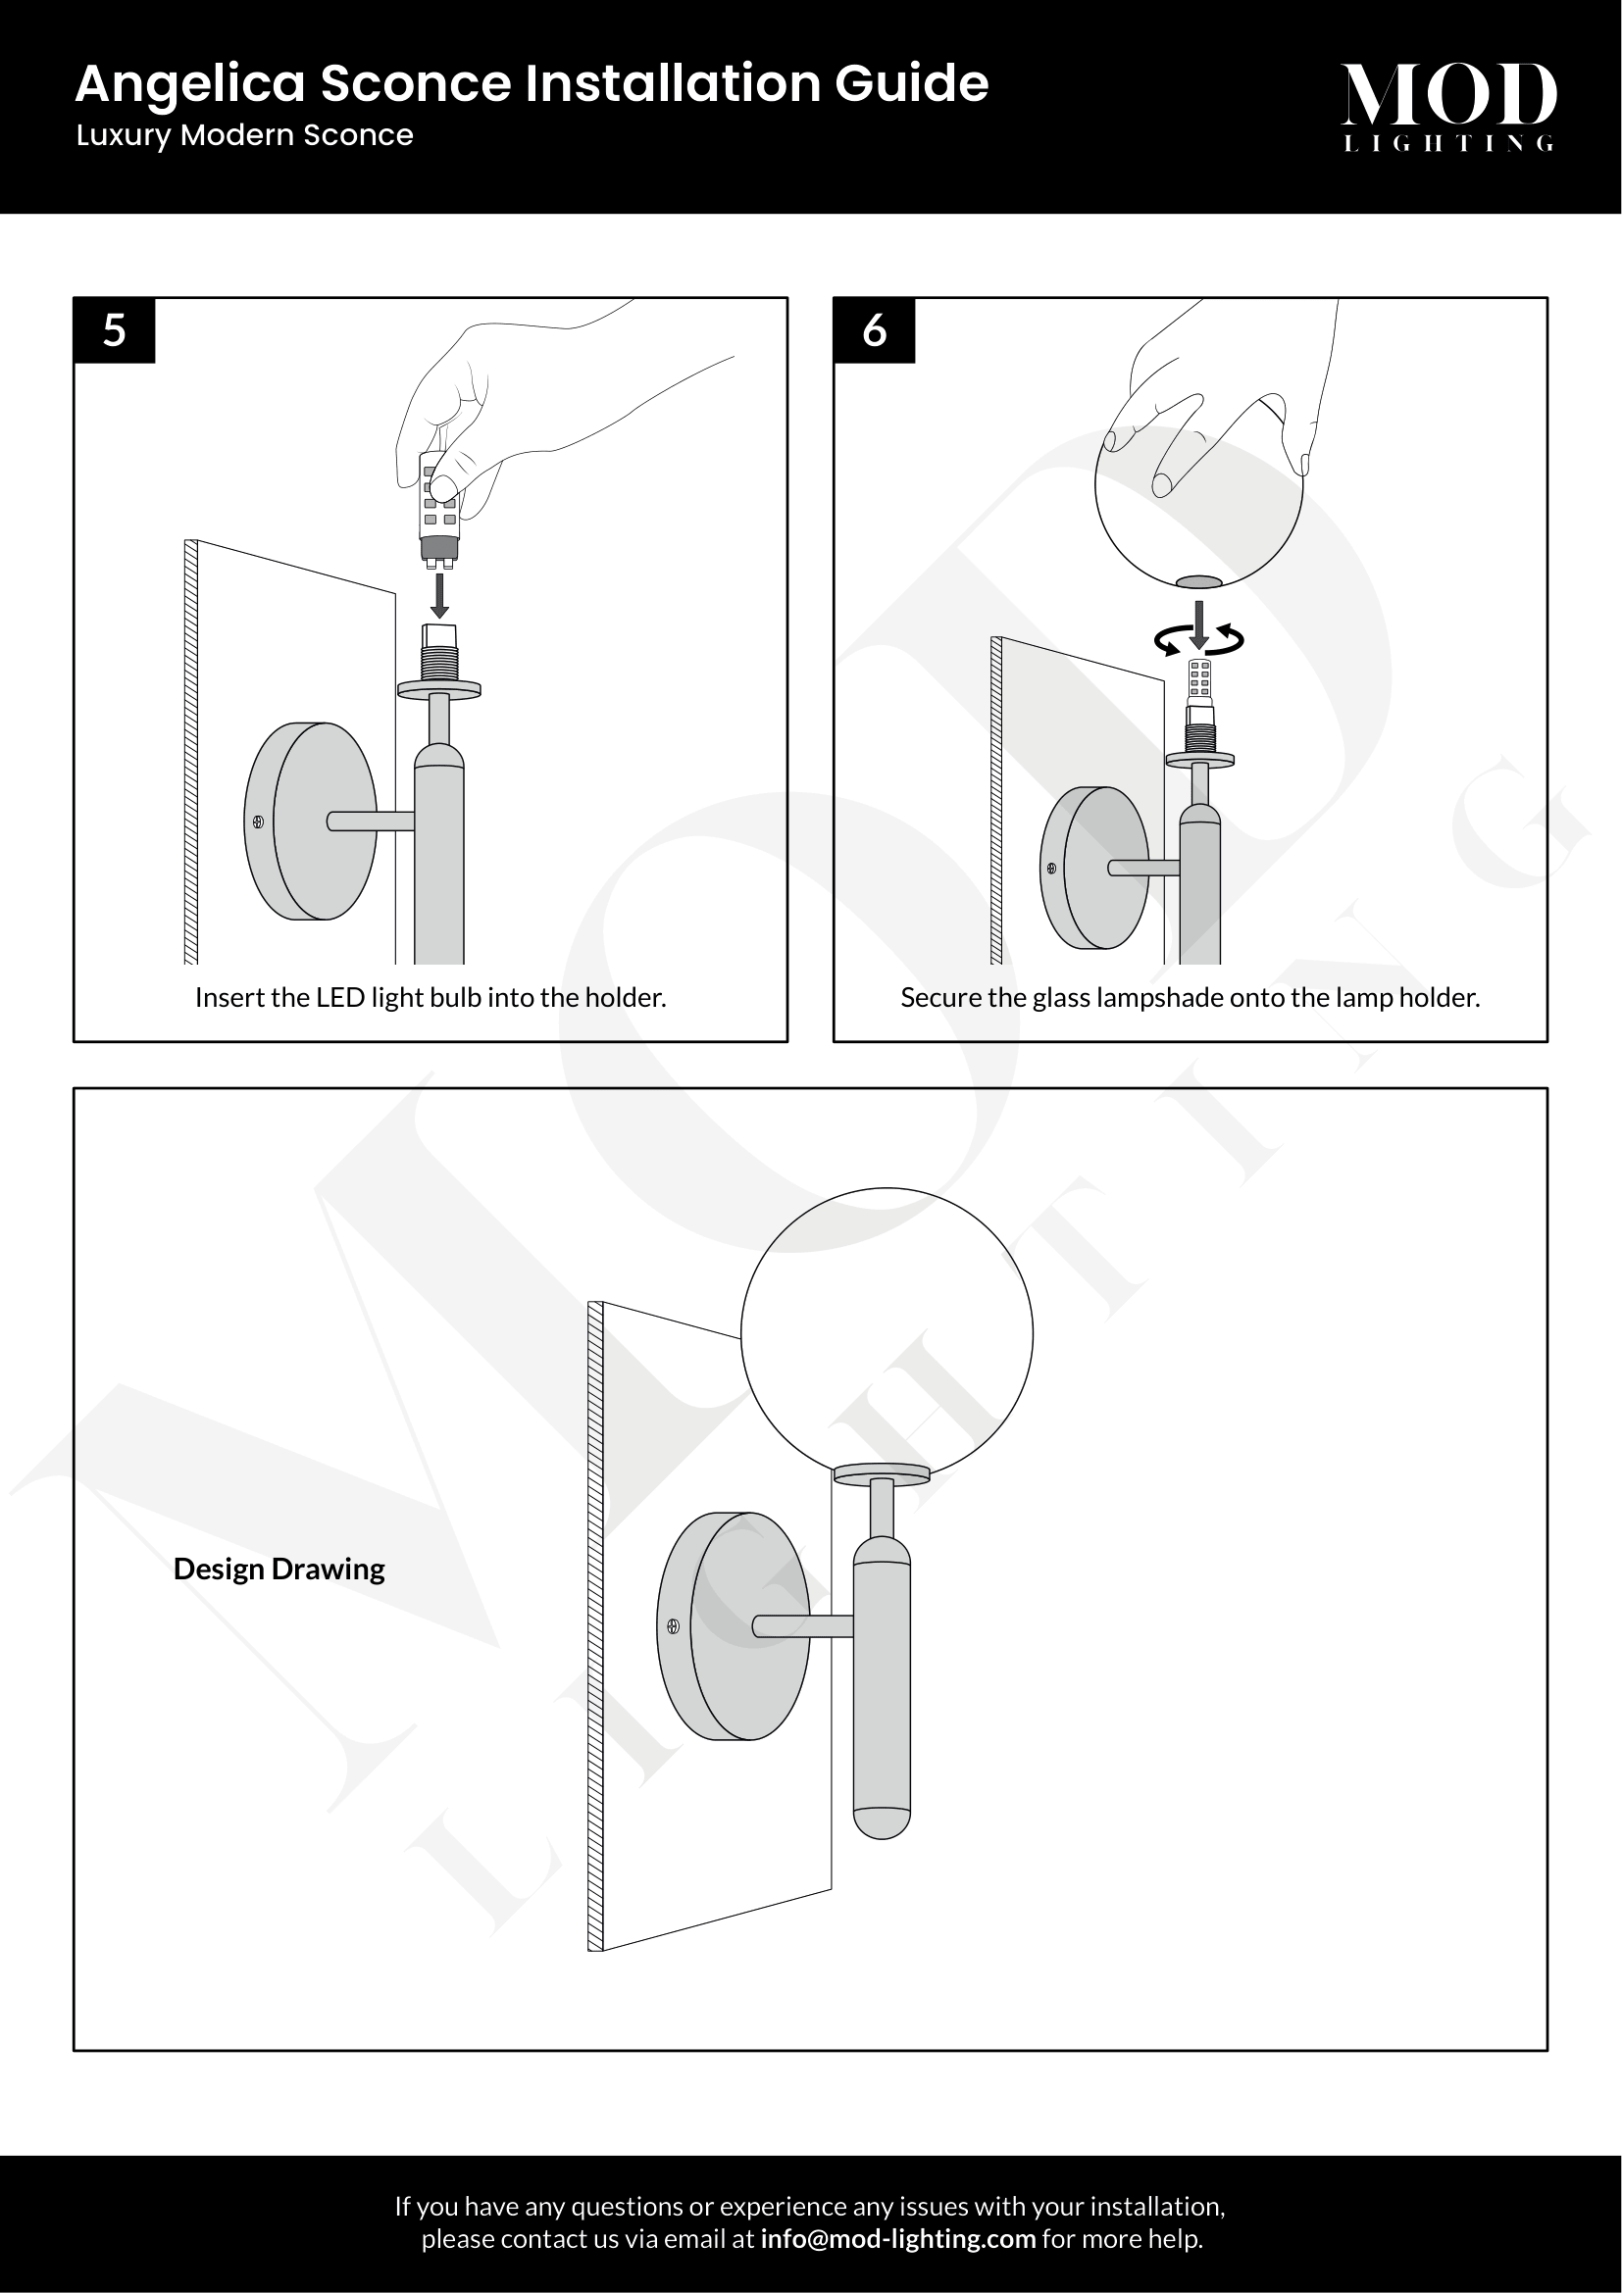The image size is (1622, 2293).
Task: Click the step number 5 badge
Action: tap(115, 330)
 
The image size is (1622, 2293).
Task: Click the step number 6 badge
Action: tap(875, 330)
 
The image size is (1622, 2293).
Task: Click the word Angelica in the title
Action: tap(190, 84)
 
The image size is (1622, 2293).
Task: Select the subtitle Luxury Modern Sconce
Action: tap(245, 136)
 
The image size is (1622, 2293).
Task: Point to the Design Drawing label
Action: tap(279, 1569)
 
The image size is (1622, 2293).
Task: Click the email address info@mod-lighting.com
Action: tap(898, 2238)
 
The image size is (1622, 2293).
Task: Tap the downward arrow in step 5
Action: tap(438, 595)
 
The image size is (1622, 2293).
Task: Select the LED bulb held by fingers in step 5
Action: tap(439, 511)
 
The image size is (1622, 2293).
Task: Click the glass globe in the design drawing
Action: tap(887, 1334)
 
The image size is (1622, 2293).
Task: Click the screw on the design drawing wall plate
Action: tap(673, 1625)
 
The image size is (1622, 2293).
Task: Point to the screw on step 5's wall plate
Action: tap(258, 822)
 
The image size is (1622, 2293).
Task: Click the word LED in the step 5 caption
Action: tap(339, 998)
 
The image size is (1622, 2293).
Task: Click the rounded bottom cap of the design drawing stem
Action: tap(882, 1823)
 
